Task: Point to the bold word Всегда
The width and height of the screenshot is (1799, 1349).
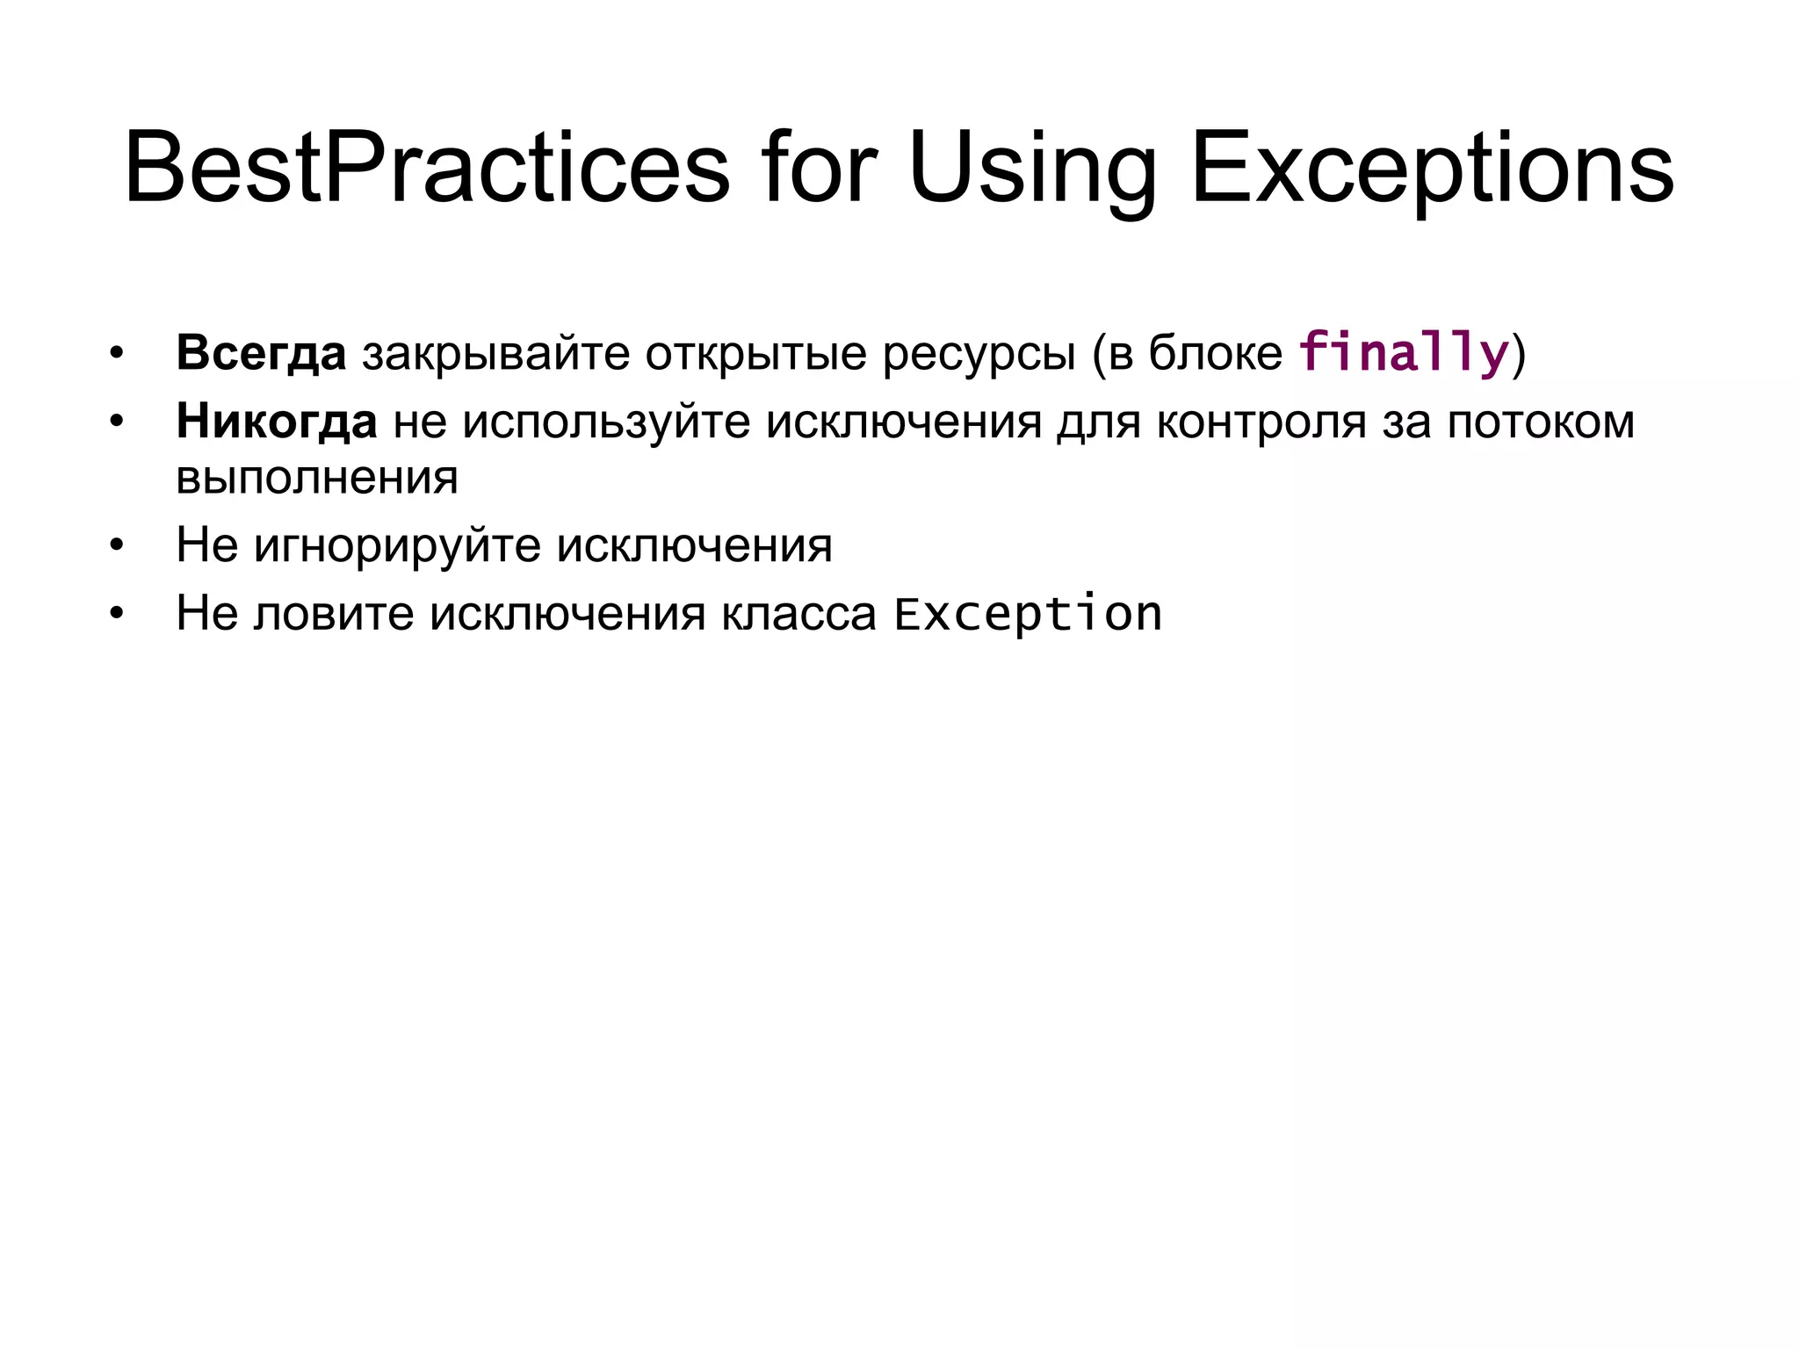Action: click(x=261, y=353)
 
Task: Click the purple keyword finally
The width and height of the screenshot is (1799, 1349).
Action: click(x=1404, y=353)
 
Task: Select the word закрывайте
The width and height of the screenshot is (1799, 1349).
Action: click(x=495, y=353)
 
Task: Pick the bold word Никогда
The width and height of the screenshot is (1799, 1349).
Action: click(x=277, y=422)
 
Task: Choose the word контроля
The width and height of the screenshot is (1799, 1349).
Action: click(x=1261, y=422)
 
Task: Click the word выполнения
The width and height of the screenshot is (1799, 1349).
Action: click(x=317, y=478)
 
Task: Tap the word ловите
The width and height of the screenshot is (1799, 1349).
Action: click(x=334, y=613)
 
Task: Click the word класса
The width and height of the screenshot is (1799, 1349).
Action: click(x=798, y=613)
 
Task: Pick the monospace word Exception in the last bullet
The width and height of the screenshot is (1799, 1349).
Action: click(x=1028, y=613)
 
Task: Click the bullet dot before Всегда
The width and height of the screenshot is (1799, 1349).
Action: click(x=117, y=354)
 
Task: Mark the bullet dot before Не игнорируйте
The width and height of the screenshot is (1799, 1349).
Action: click(x=117, y=545)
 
